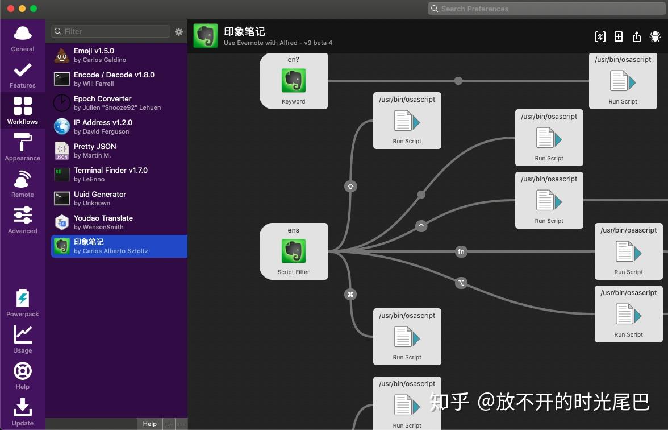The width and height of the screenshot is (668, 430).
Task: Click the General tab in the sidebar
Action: pos(23,38)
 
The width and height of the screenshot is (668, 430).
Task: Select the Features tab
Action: pos(23,75)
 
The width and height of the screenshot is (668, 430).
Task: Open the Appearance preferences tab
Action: pos(23,147)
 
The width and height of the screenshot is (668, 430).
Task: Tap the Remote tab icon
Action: pos(23,184)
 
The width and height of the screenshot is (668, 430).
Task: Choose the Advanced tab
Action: pos(23,220)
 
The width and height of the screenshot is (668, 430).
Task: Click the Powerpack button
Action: pos(23,303)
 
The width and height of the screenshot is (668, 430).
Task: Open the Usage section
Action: pos(23,340)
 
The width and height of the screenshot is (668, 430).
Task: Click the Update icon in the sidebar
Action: pos(23,412)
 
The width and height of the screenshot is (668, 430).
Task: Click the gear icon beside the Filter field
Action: pos(179,32)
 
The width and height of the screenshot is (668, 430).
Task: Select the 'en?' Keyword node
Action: pos(294,81)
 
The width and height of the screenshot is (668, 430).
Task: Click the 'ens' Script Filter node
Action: pos(294,251)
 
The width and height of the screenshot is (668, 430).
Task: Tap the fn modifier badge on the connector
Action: pos(461,251)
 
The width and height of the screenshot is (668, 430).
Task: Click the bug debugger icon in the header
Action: pos(655,36)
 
